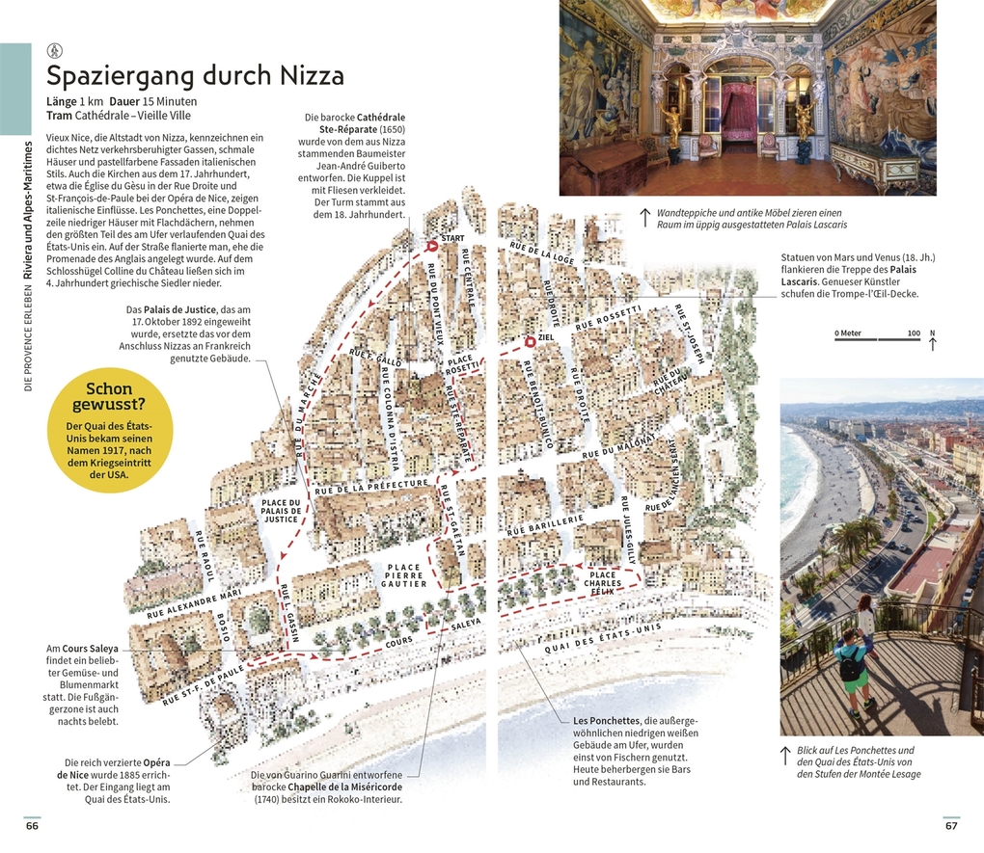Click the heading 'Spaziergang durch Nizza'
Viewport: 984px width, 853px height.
(195, 75)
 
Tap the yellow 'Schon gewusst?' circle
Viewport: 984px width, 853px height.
(109, 432)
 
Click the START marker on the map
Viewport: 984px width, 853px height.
(432, 246)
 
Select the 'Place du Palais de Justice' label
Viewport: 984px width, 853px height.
(281, 511)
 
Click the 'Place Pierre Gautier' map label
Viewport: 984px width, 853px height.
(404, 575)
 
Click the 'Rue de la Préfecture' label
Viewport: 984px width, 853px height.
(371, 486)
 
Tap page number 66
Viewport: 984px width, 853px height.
(32, 826)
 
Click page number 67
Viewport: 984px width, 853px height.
(951, 826)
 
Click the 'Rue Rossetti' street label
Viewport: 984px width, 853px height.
(608, 317)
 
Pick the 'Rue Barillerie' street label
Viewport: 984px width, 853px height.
(546, 524)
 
